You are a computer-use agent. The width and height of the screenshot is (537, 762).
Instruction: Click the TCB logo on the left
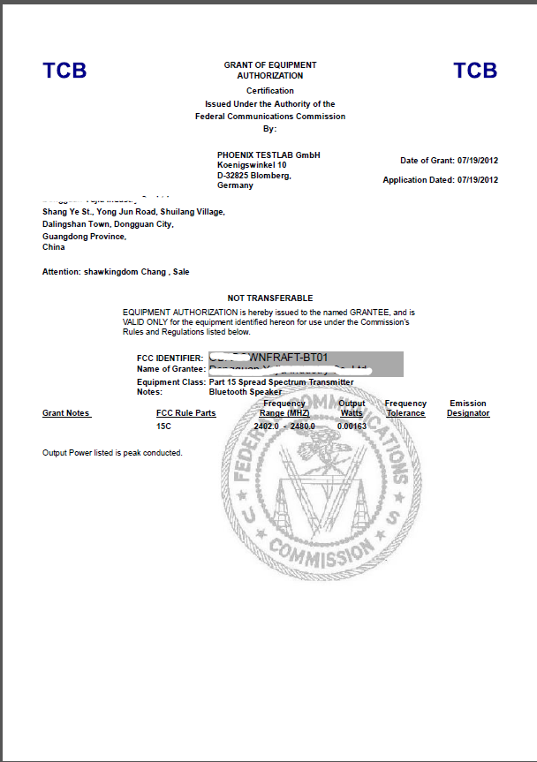pyautogui.click(x=64, y=71)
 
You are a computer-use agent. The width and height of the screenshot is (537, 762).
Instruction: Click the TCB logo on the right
pyautogui.click(x=475, y=71)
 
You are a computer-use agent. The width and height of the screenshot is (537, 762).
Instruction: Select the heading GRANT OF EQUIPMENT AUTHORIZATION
pyautogui.click(x=270, y=71)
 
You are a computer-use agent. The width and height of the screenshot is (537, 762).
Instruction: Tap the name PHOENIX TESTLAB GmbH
pyautogui.click(x=268, y=155)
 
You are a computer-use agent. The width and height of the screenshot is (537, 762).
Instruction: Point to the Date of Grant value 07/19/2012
pyautogui.click(x=477, y=161)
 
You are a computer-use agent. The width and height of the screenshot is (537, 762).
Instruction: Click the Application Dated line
pyautogui.click(x=440, y=180)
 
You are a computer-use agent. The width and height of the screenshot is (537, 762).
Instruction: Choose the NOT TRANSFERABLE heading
pyautogui.click(x=270, y=298)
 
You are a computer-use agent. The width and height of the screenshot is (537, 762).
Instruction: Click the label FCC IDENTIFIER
pyautogui.click(x=170, y=358)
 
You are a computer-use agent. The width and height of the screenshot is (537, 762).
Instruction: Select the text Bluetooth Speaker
pyautogui.click(x=246, y=391)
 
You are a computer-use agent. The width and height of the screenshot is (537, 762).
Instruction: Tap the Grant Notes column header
pyautogui.click(x=66, y=413)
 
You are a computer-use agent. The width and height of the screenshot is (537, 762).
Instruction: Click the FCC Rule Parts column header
pyautogui.click(x=185, y=413)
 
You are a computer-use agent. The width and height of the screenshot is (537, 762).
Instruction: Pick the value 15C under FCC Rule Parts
pyautogui.click(x=163, y=426)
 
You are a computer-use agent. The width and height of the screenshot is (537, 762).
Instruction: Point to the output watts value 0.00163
pyautogui.click(x=352, y=426)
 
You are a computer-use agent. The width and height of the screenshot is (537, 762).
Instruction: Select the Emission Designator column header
pyautogui.click(x=468, y=408)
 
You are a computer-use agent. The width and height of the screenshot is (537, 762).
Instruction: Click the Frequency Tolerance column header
pyautogui.click(x=405, y=408)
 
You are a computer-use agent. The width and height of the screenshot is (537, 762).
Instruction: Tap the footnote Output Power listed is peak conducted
pyautogui.click(x=112, y=453)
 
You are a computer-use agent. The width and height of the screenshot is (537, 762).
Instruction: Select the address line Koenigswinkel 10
pyautogui.click(x=252, y=165)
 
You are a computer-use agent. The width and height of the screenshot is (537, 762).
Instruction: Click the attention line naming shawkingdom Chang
pyautogui.click(x=116, y=272)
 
